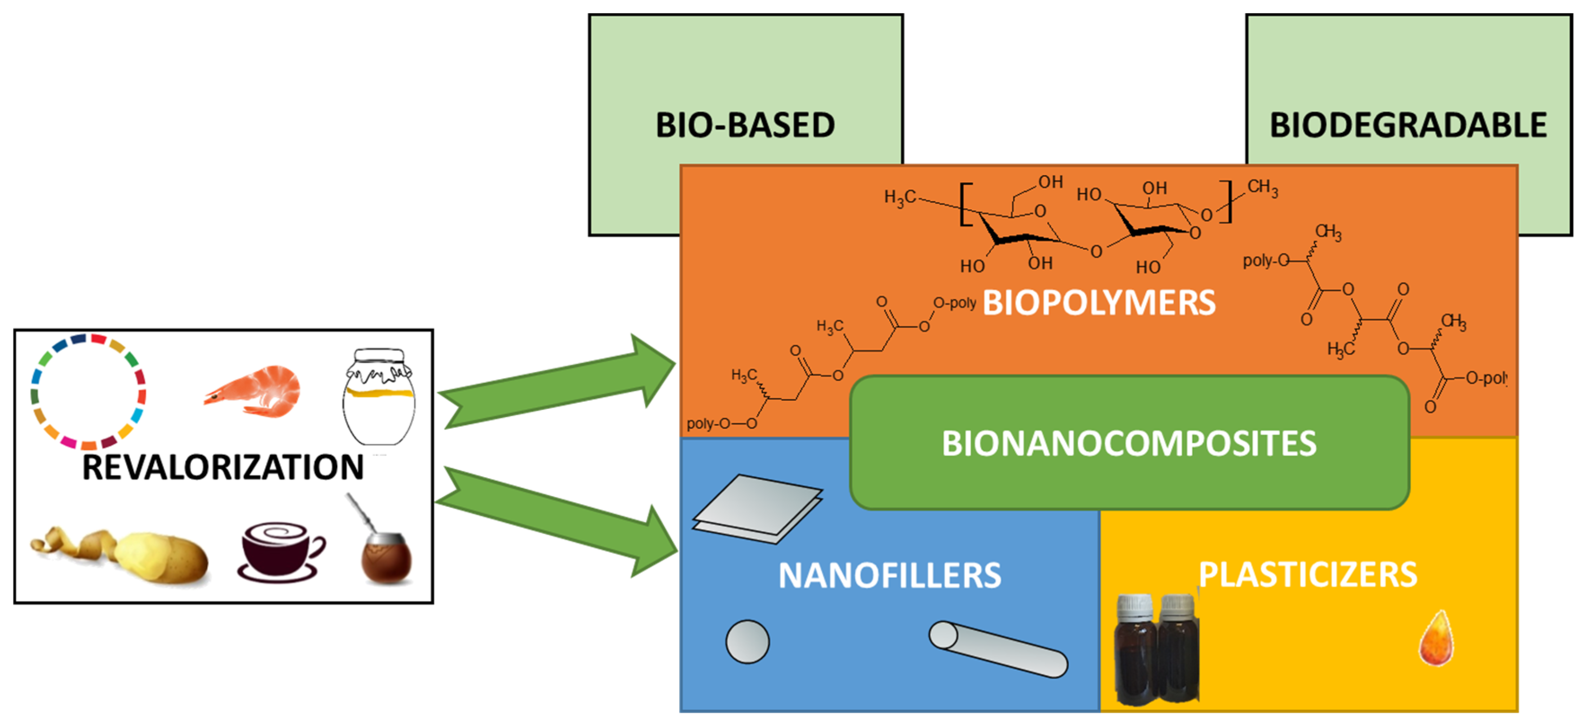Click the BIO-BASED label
point(745,125)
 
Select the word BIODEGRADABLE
point(1408,125)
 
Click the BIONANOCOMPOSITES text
point(1128,443)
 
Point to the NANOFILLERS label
point(889,576)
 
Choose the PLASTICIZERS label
point(1308,574)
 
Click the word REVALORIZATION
point(223,466)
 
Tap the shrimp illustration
point(255,391)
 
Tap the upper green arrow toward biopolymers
point(557,383)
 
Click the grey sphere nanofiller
point(747,642)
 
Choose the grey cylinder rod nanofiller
point(997,649)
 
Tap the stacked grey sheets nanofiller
point(757,508)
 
